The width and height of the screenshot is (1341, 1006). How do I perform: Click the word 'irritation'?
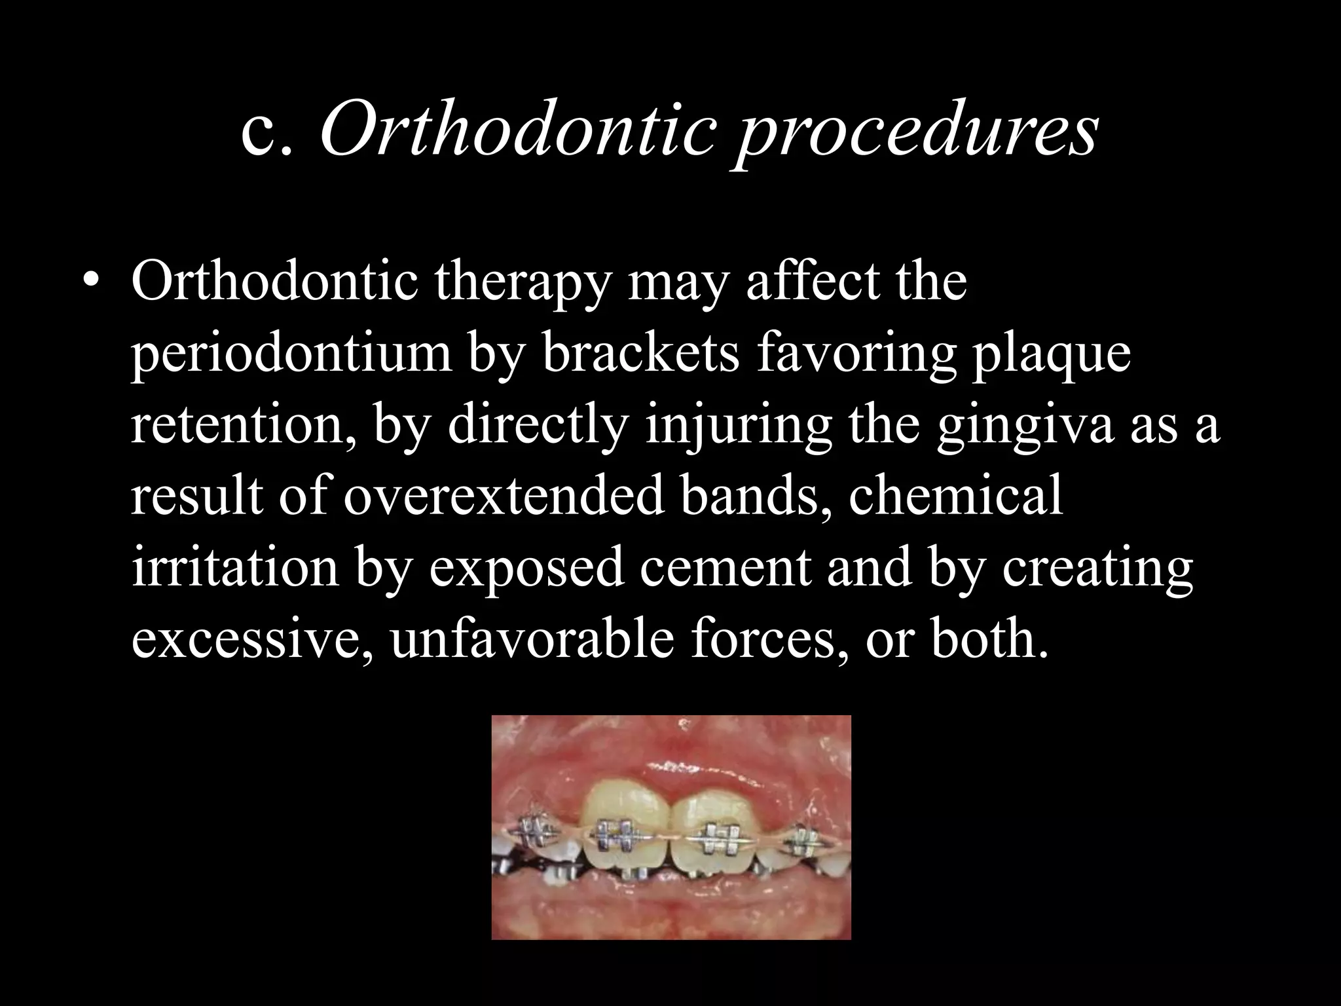tap(235, 568)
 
